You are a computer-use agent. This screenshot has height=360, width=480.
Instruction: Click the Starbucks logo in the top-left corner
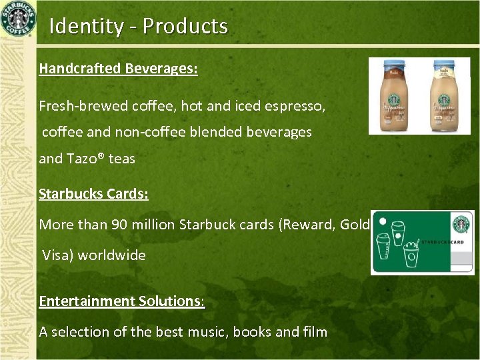point(18,19)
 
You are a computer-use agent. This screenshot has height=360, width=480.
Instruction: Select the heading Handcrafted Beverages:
point(118,69)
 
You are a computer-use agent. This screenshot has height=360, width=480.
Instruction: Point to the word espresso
point(297,106)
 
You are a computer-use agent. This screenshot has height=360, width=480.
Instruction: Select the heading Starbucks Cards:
point(93,194)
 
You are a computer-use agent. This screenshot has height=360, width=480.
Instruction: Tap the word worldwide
point(112,255)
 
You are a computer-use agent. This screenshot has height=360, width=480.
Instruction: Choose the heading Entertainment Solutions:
point(122,301)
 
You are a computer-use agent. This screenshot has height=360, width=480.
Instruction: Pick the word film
point(313,332)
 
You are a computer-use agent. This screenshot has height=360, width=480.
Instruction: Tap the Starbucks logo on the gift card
point(461,225)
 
